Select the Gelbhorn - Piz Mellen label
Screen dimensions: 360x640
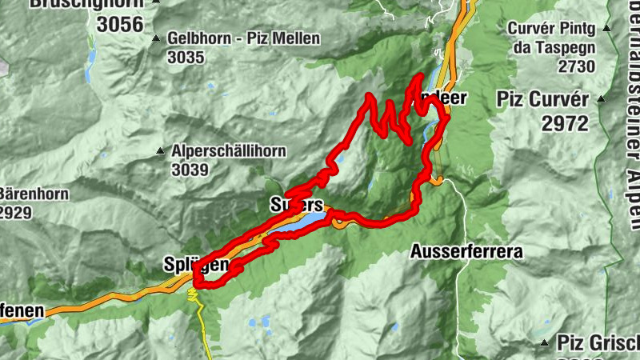click(243, 38)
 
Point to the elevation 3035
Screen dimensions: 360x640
click(186, 57)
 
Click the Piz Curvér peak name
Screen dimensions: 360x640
click(542, 100)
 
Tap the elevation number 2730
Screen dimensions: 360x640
click(577, 66)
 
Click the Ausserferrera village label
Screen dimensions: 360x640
click(466, 252)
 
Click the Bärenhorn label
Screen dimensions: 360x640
click(34, 194)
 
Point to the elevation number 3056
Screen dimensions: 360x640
click(120, 24)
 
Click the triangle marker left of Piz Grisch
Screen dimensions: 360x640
click(545, 342)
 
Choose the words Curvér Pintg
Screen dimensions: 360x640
click(552, 30)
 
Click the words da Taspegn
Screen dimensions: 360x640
click(552, 47)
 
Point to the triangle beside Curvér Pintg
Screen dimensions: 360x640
click(607, 30)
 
